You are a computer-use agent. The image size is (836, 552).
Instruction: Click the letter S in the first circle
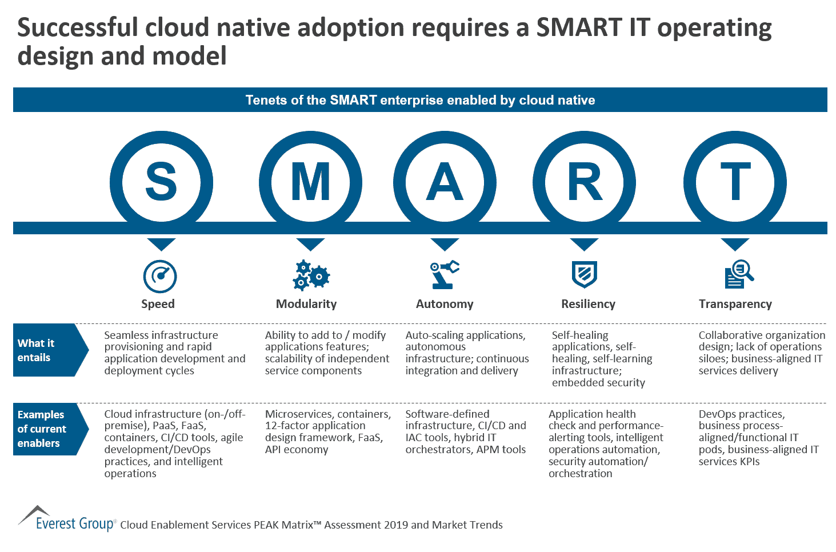click(161, 182)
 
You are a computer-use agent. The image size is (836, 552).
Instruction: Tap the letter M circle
click(310, 182)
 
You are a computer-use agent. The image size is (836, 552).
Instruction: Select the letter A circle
click(445, 182)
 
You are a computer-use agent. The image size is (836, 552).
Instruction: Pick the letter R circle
click(584, 182)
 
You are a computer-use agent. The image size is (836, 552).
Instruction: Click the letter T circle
click(735, 182)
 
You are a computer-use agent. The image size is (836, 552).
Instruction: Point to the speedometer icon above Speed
click(160, 277)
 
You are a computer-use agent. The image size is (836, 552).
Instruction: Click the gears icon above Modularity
click(310, 275)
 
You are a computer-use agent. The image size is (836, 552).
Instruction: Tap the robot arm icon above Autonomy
click(444, 274)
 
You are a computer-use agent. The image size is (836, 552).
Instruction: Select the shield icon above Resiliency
click(584, 275)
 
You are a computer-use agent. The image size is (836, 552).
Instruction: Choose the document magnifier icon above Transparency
click(739, 275)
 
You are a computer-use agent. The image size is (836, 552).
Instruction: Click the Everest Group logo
click(67, 519)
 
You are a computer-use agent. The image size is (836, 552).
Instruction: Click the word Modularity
click(306, 304)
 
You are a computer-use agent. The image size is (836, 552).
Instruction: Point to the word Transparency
click(735, 304)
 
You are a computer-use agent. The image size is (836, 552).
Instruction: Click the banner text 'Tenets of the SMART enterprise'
click(420, 100)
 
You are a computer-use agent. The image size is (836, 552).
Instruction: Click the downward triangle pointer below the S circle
click(161, 244)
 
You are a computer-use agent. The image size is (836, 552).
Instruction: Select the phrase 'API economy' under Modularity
click(297, 450)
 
